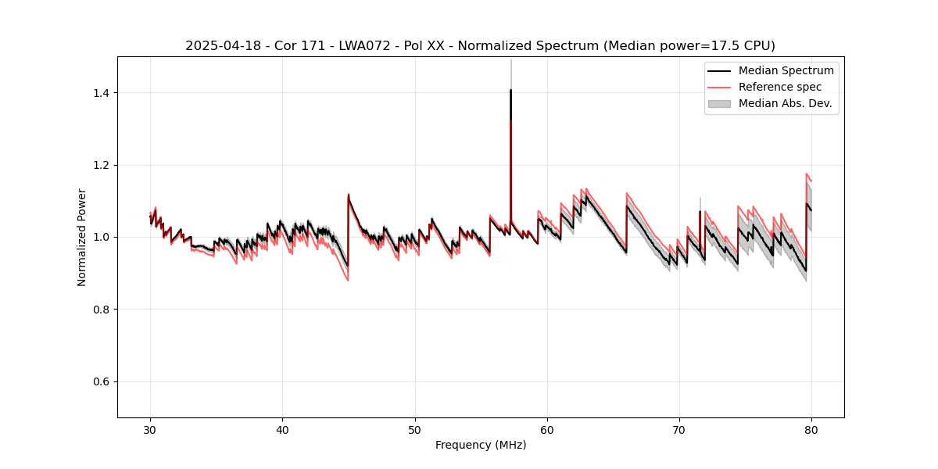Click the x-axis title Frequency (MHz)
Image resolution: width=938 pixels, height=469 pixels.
[x=481, y=445]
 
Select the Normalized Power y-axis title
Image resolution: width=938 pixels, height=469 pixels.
[x=82, y=237]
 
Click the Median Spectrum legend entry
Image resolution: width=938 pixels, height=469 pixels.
[x=786, y=70]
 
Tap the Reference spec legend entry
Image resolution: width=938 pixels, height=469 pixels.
[x=779, y=87]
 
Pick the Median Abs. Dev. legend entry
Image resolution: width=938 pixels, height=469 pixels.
[x=785, y=103]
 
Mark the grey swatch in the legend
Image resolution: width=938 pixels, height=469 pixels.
[x=719, y=103]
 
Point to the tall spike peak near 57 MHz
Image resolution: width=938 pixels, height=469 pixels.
[x=510, y=90]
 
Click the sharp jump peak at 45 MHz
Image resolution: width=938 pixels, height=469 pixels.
[x=349, y=195]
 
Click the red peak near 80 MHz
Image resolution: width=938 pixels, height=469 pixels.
[x=807, y=174]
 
